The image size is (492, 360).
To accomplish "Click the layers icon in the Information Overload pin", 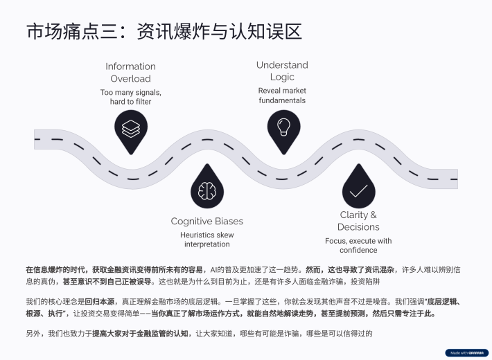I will tap(130, 129).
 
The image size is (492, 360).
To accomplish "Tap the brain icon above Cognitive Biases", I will tap(207, 190).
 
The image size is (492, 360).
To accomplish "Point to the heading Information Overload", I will tap(130, 73).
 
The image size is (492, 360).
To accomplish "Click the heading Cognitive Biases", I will tap(207, 222).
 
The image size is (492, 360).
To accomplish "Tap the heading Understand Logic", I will tap(282, 71).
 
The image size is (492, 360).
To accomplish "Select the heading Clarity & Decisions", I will tap(358, 221).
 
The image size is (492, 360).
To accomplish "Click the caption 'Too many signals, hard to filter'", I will tap(130, 97).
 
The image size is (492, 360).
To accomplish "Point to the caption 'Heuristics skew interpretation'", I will tap(207, 240).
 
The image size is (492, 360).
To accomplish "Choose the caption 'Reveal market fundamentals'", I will tap(282, 96).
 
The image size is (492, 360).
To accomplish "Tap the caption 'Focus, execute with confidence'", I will tap(358, 245).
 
